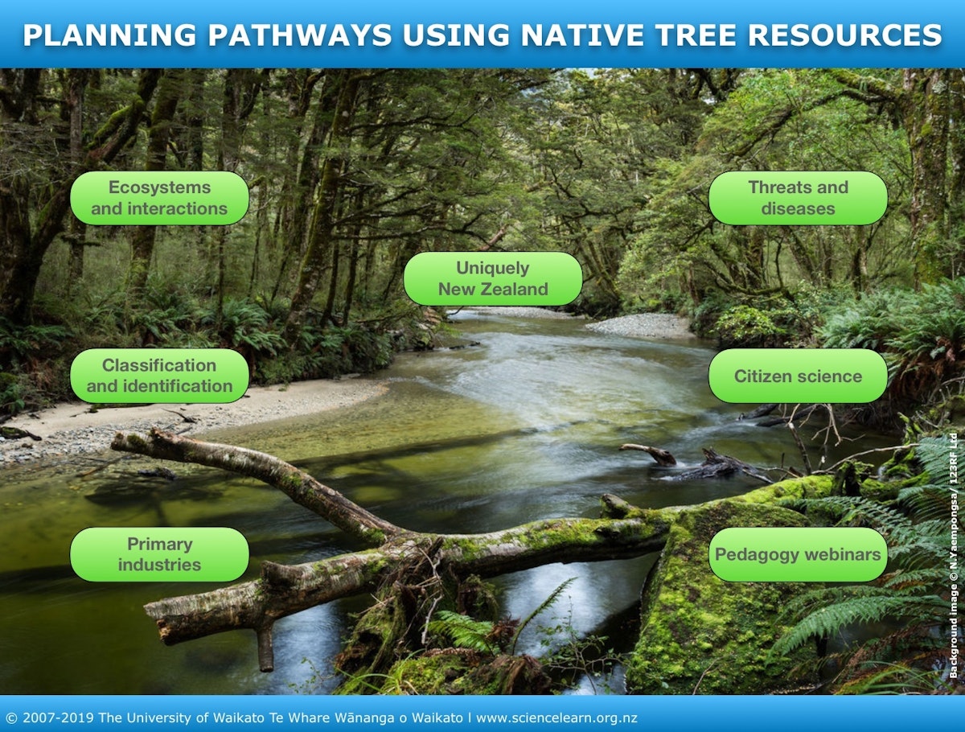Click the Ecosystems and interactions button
coord(159,198)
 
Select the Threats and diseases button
coord(798,198)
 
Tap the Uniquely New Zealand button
coord(492,278)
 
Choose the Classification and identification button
coord(159,376)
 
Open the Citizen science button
coord(798,376)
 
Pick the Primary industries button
coord(159,554)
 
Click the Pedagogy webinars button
coord(798,554)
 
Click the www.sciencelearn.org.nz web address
coord(556,718)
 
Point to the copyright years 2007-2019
coord(58,718)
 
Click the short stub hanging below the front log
coord(265,648)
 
